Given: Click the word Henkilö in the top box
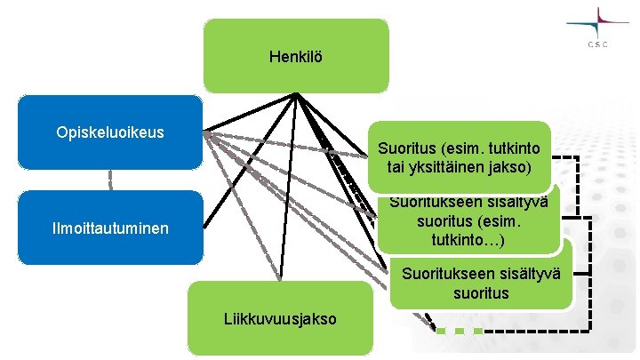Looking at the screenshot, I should point(295,57).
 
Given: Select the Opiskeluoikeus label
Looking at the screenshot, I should point(109,132).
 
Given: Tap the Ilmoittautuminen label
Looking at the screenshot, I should point(110,229).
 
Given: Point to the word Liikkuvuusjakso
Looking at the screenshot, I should point(279,317).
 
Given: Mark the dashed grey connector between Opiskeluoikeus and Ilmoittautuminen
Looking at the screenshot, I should point(111,180).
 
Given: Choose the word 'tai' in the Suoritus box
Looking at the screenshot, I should point(397,167).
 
